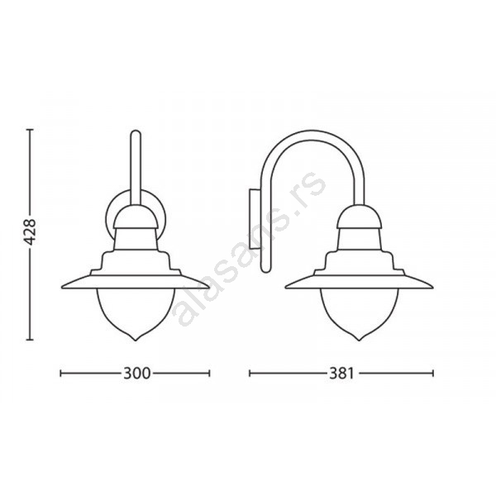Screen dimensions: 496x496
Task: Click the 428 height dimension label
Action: click(x=31, y=231)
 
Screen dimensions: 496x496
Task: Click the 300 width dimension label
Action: click(x=136, y=374)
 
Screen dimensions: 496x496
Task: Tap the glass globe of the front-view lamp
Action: click(x=136, y=312)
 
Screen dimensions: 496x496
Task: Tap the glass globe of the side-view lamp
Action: click(x=359, y=312)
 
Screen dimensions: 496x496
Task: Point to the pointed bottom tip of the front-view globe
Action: click(x=136, y=341)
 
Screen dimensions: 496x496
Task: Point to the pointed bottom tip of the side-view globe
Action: click(x=359, y=341)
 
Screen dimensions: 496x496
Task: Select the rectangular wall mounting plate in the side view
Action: click(x=255, y=218)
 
